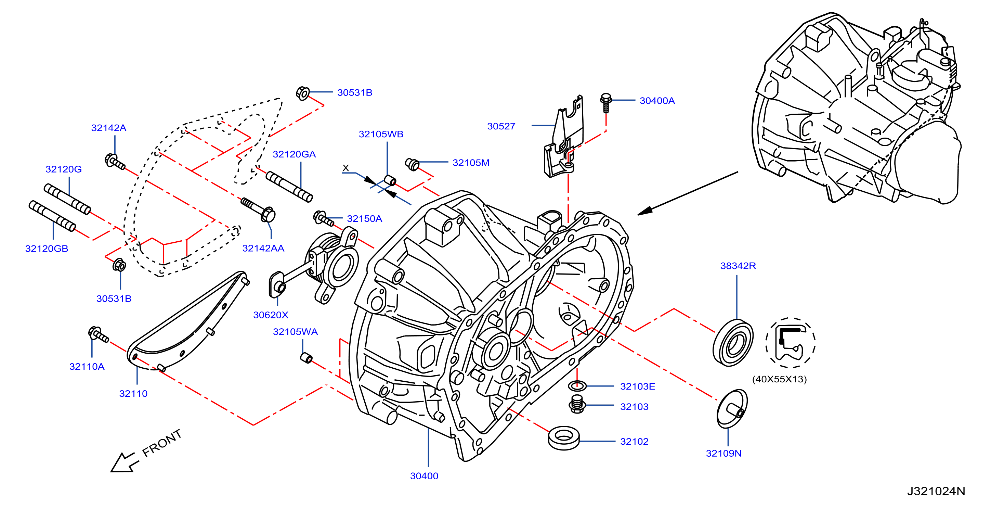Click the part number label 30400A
coord(657,101)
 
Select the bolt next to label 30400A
coord(606,103)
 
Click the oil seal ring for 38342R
coord(733,343)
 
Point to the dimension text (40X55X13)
coord(779,379)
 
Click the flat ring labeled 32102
coord(564,438)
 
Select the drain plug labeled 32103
coord(577,404)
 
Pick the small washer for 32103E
coord(577,386)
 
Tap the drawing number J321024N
coord(936,491)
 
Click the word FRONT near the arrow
coord(162,443)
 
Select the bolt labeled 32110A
coord(98,335)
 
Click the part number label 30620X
coord(271,315)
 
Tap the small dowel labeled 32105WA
coord(307,357)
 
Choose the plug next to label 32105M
coord(412,164)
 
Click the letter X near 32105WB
coord(345,168)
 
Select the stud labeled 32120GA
coord(289,187)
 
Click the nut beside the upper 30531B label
coord(302,93)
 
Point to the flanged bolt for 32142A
coord(115,162)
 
